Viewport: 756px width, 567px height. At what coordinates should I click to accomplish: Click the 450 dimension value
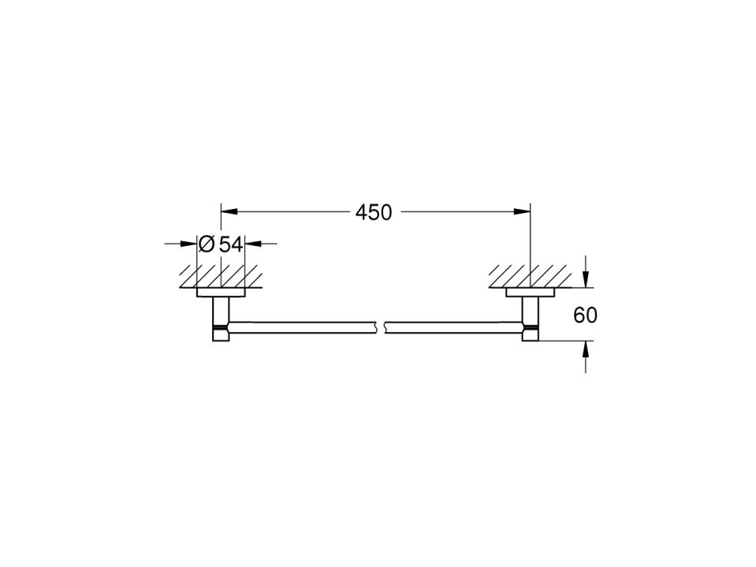coord(374,212)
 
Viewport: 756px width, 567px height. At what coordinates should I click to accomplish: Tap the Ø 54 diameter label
coord(221,244)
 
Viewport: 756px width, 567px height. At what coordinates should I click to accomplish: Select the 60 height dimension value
coord(585,315)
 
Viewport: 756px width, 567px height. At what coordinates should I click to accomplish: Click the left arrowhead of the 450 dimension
coord(229,211)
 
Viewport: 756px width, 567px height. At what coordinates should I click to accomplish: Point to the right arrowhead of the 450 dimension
coord(522,211)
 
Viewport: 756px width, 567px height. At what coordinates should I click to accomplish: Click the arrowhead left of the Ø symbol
coord(188,244)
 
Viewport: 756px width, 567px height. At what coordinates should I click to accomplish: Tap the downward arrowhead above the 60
coord(586,279)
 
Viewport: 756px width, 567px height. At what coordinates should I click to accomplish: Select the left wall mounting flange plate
coord(221,293)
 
